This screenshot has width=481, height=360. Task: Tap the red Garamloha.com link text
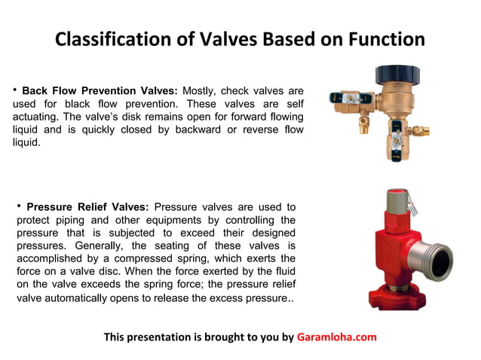click(336, 337)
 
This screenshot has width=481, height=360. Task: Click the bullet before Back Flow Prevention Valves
click(14, 90)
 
